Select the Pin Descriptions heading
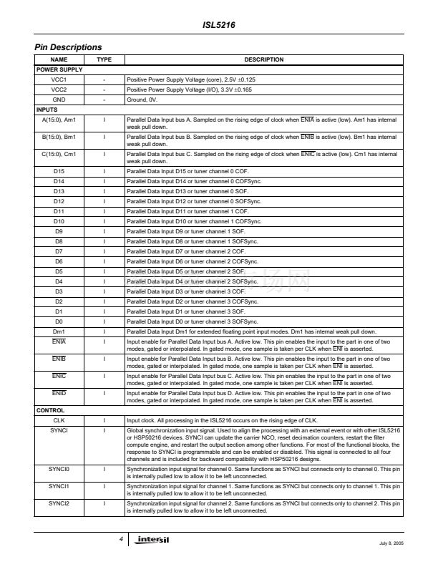click(68, 47)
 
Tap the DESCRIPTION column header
click(263, 59)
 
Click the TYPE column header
click(104, 59)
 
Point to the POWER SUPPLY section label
click(59, 69)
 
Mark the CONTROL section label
click(50, 410)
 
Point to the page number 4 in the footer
click(122, 538)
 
